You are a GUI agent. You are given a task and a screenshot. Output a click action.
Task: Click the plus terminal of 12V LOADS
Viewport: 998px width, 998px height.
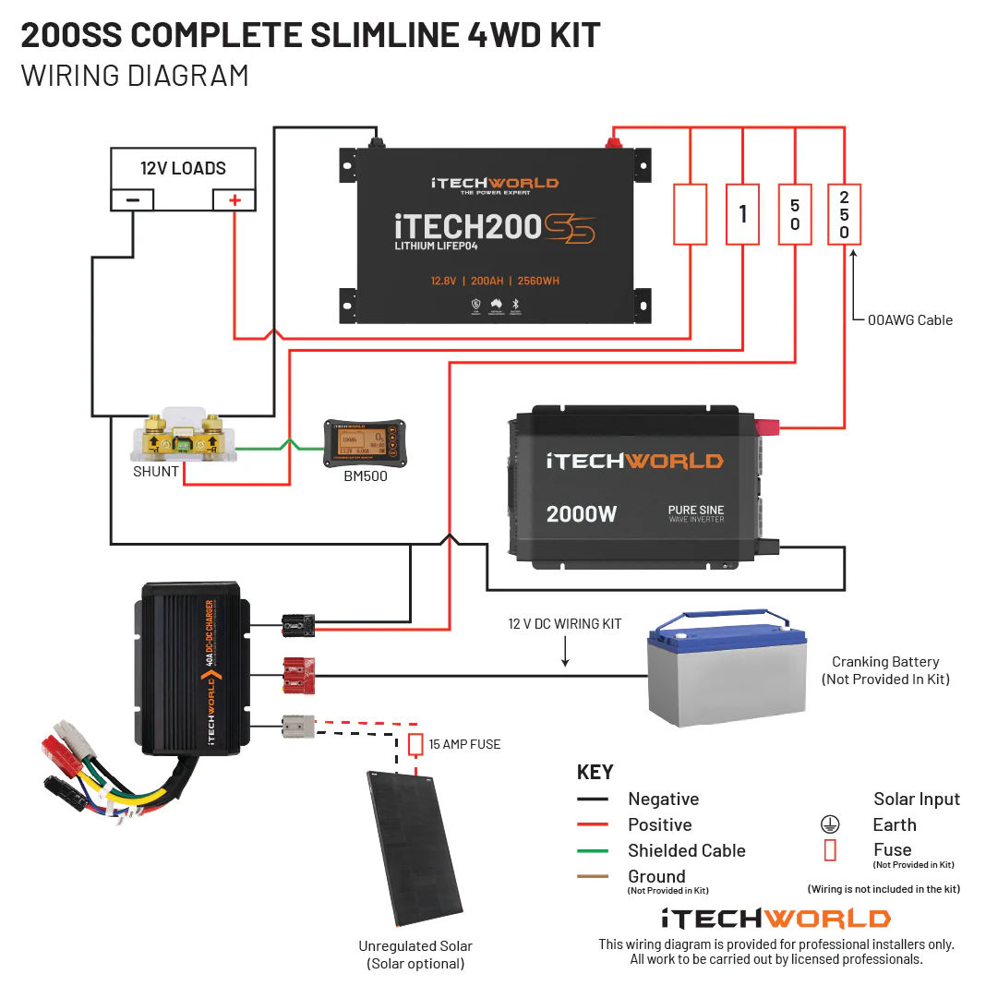(234, 199)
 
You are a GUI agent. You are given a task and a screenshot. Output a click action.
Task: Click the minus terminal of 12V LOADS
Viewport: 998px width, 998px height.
(133, 199)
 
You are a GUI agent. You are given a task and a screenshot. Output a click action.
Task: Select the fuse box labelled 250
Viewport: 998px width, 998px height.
(844, 213)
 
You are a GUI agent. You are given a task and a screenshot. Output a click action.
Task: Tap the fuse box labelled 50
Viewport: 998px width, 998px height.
(795, 213)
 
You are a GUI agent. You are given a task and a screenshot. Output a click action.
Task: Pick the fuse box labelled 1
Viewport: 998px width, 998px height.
(742, 213)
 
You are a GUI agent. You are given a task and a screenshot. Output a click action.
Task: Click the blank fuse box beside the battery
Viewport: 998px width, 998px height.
(691, 213)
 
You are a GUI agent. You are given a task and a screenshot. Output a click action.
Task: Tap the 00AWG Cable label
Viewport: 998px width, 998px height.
(909, 320)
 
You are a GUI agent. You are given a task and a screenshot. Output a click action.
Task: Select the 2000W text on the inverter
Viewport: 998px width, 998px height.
(581, 514)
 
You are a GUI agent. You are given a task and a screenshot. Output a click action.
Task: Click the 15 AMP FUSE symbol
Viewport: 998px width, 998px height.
(415, 744)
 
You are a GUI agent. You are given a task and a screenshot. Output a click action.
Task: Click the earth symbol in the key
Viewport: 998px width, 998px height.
(829, 824)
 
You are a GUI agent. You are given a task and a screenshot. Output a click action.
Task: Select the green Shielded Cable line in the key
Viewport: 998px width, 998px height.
(593, 850)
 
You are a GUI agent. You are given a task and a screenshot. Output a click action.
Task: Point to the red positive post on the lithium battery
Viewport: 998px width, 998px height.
(611, 142)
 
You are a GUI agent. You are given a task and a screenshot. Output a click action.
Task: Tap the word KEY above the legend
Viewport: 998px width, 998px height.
(595, 772)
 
